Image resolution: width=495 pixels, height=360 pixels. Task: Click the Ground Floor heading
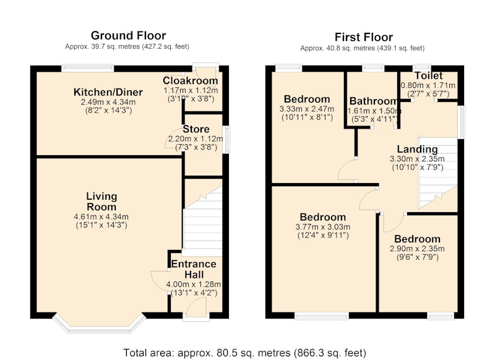pos(128,35)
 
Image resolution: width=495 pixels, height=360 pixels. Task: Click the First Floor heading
pos(364,37)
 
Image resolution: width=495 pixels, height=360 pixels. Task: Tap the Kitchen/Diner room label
pos(108,92)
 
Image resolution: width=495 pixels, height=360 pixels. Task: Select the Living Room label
pos(101,202)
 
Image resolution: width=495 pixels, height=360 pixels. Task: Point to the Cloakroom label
pos(191,80)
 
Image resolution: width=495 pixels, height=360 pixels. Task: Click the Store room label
pos(196,129)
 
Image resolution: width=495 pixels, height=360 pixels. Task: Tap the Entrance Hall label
pos(194,269)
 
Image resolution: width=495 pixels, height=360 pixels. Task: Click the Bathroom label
pos(373,101)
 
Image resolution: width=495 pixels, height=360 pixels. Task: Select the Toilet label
pos(428,75)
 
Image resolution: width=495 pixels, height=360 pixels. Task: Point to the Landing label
pos(417,149)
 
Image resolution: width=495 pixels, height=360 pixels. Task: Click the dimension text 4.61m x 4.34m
pos(101,216)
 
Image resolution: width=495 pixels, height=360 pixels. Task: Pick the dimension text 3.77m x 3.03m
pos(322,227)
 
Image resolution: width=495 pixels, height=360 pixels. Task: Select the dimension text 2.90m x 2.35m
pos(417,249)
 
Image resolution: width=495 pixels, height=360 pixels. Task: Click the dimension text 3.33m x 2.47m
pos(306,109)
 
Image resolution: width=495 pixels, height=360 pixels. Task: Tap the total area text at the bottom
pos(244,353)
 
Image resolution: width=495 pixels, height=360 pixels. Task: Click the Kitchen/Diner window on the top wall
pos(87,68)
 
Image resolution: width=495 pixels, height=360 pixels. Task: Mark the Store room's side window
pos(226,140)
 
